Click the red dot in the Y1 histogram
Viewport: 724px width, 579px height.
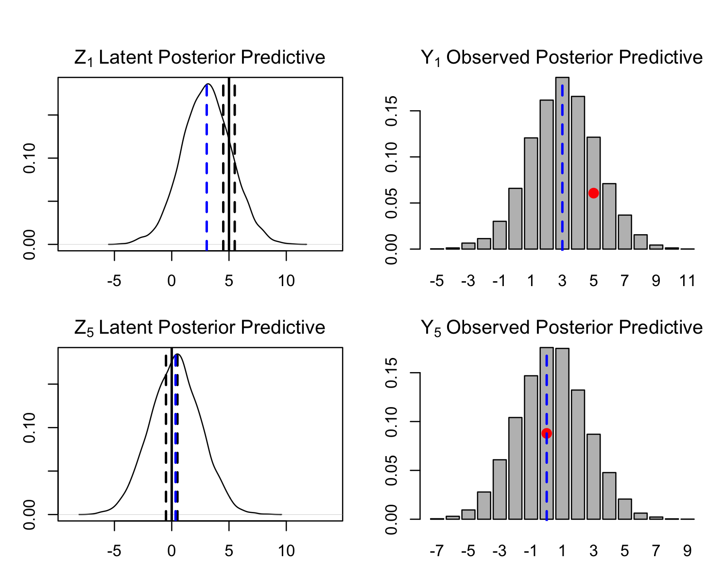[x=593, y=193]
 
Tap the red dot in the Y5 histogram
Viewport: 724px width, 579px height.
[x=547, y=433]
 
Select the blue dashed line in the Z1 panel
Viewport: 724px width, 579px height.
[x=207, y=167]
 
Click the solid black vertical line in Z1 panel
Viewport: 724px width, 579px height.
[x=229, y=164]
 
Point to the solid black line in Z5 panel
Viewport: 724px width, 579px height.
[x=172, y=434]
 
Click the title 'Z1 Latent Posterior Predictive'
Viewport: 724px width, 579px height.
[x=200, y=57]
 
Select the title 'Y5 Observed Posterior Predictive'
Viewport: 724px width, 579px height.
[x=562, y=327]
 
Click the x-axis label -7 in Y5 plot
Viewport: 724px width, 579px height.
[x=437, y=551]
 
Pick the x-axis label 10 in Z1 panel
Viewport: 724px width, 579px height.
[x=286, y=281]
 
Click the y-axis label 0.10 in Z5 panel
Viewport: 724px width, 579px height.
[x=29, y=428]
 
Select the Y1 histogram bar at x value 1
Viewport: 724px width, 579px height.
[x=531, y=193]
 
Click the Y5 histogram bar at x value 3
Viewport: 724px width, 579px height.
[x=593, y=477]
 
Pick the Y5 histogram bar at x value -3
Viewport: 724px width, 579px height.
[x=500, y=490]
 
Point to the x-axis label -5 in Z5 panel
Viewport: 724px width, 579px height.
[x=114, y=551]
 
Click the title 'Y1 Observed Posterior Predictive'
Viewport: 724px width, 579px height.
[x=562, y=57]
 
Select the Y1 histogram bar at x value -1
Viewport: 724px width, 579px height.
[x=500, y=235]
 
